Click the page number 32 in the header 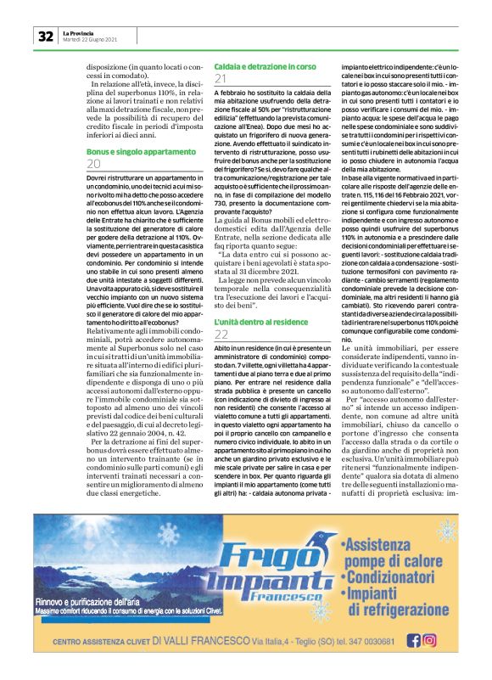tap(44, 36)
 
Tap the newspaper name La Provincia tap(79, 32)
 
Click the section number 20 tap(94, 164)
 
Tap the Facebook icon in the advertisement tap(414, 641)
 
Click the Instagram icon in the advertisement tap(430, 641)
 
